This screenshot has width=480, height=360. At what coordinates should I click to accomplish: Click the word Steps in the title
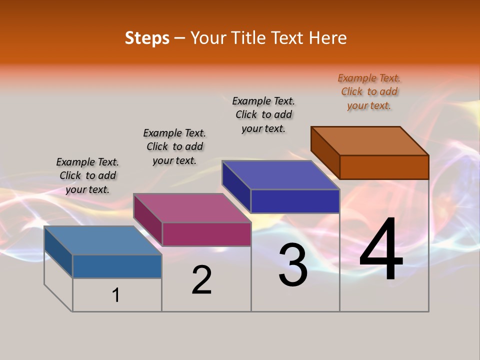tap(147, 38)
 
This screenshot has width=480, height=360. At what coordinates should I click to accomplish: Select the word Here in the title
tap(328, 38)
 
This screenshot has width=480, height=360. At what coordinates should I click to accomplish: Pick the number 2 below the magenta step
tap(201, 280)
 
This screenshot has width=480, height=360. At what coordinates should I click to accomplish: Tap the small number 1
tap(116, 295)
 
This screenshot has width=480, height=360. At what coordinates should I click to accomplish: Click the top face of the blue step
tap(102, 240)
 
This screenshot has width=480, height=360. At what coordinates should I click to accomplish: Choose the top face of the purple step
tap(280, 175)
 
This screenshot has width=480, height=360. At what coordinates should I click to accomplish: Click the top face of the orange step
tap(369, 141)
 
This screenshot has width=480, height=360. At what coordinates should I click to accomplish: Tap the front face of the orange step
tap(384, 167)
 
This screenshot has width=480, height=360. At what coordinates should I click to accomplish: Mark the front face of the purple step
tap(295, 201)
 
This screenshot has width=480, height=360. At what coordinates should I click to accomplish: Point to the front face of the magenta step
tap(206, 234)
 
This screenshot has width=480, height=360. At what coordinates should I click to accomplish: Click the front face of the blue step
tap(117, 266)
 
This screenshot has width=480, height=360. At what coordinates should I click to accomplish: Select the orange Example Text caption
tap(369, 91)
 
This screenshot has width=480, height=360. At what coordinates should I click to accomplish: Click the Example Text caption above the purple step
tap(263, 114)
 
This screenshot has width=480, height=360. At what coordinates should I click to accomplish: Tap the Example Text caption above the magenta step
tap(174, 146)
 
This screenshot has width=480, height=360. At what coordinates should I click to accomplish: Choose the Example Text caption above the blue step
tap(87, 175)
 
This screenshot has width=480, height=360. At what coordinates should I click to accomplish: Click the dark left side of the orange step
tap(325, 152)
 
